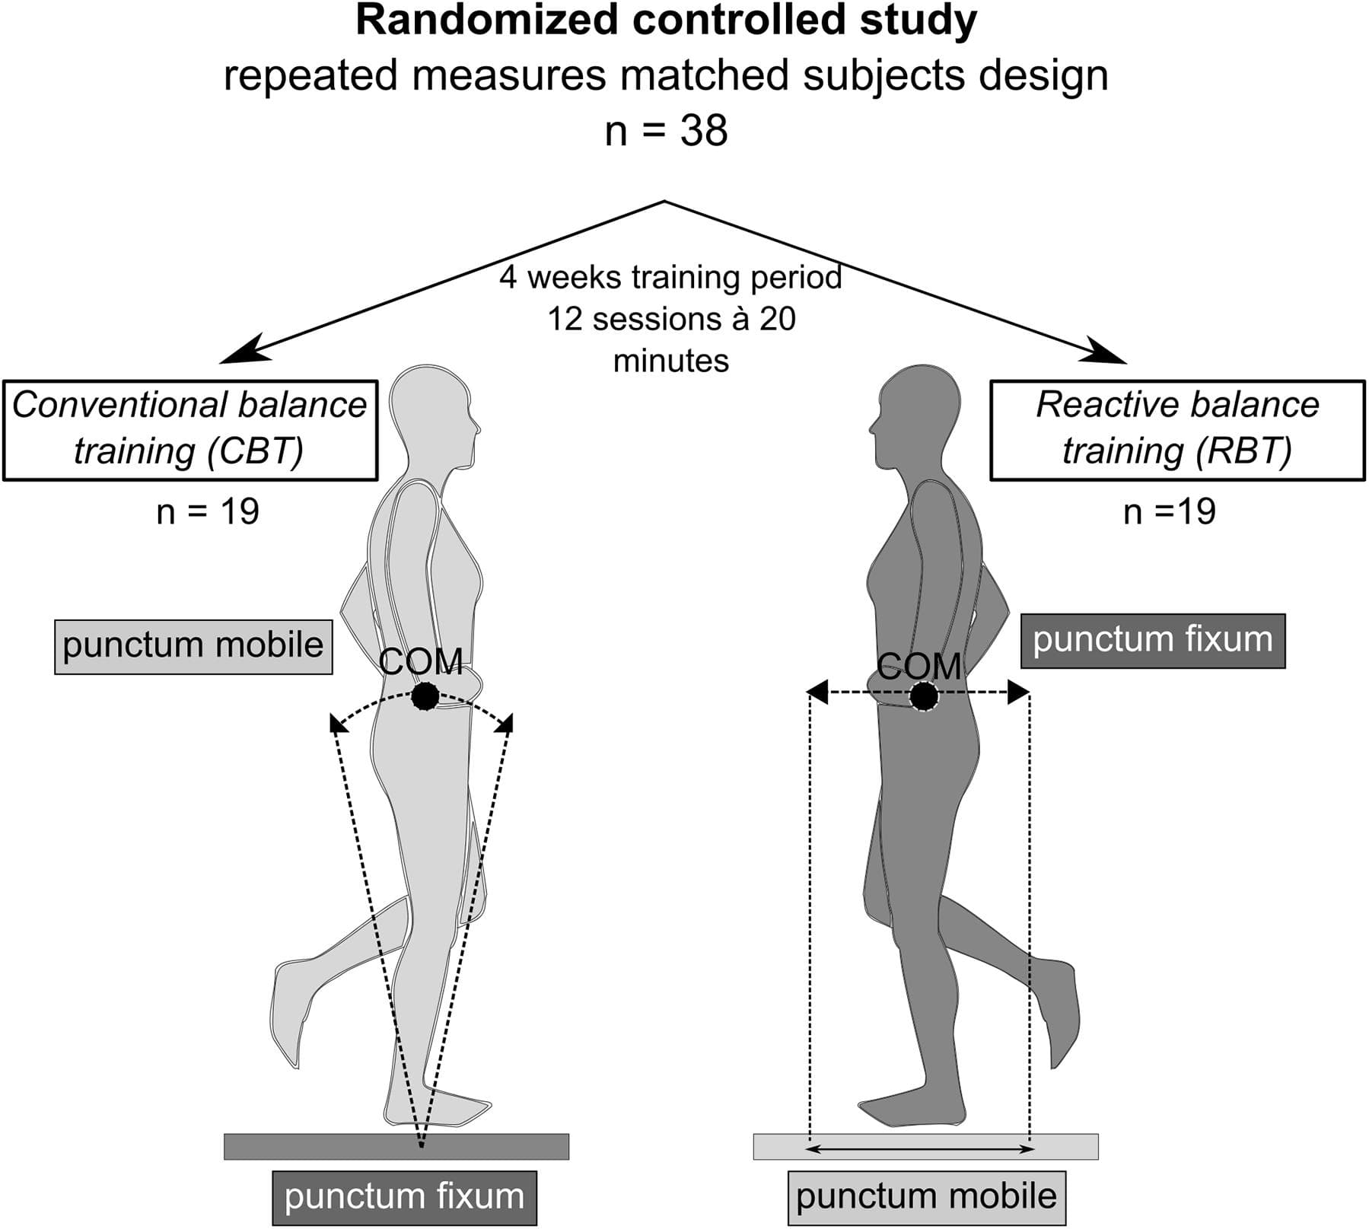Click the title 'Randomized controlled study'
pos(666,21)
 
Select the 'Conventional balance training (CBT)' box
pos(190,430)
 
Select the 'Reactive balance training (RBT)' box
pos(1176,430)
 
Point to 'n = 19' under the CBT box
pos(208,511)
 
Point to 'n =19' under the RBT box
pos(1169,511)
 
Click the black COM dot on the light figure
pos(425,696)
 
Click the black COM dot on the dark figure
pos(924,696)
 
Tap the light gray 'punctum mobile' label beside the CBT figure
pos(193,646)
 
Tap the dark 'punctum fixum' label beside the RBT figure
pos(1152,641)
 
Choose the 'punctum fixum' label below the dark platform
pos(404,1197)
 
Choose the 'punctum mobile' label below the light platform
pos(926,1197)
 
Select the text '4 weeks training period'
pos(670,277)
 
